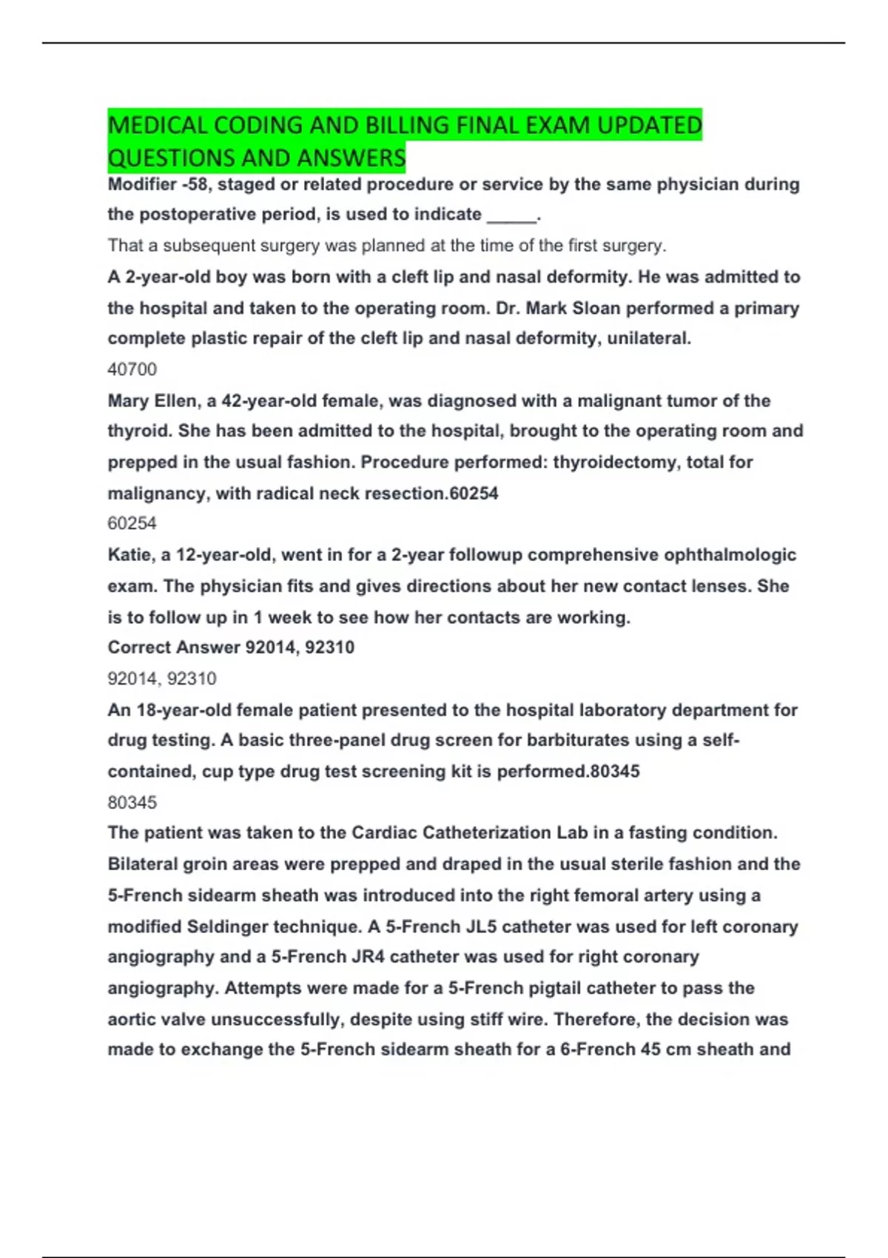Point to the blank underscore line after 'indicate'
(511, 215)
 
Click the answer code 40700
(132, 369)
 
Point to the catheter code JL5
(481, 926)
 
